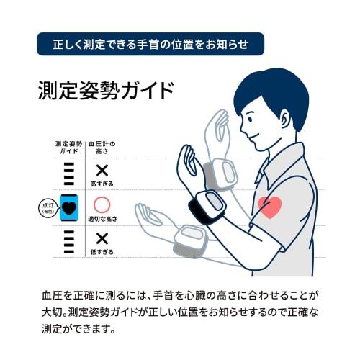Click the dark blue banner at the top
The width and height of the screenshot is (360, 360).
click(x=150, y=44)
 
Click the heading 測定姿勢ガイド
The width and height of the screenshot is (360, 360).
click(x=106, y=91)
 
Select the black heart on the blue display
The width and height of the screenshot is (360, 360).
click(x=69, y=208)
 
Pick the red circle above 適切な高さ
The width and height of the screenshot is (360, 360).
click(x=102, y=204)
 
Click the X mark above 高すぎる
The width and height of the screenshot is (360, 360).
click(x=102, y=171)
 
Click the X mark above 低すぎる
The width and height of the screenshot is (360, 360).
click(x=102, y=238)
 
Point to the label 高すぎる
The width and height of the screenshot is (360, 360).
click(x=102, y=184)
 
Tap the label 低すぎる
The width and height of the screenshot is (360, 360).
click(x=102, y=252)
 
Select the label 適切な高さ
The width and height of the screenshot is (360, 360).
click(x=102, y=219)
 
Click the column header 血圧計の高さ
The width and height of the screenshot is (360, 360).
click(x=102, y=148)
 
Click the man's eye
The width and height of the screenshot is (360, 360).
click(x=250, y=119)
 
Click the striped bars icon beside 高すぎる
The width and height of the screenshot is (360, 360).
click(x=69, y=174)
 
